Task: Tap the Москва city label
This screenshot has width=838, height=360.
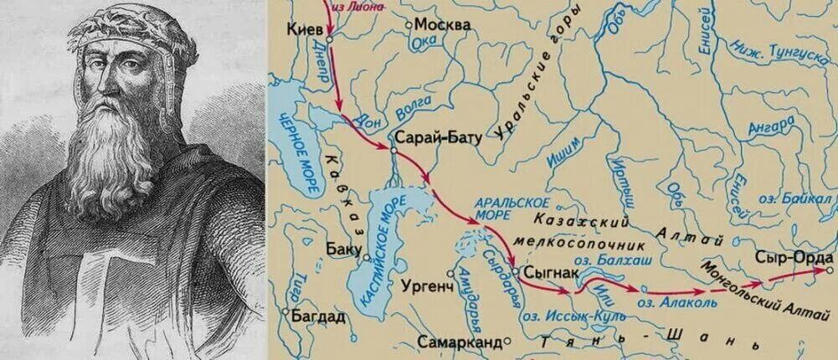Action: (x=443, y=24)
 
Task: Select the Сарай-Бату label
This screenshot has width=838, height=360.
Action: (x=437, y=138)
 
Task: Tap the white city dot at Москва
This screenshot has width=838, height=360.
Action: (x=409, y=25)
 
